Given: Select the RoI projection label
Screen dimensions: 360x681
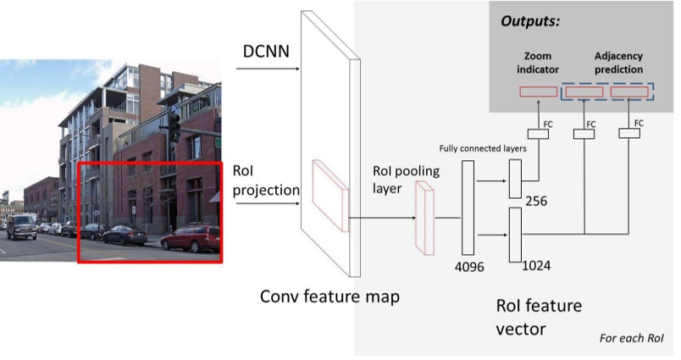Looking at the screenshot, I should tap(266, 180).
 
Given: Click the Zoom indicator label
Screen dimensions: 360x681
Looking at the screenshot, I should tap(537, 63).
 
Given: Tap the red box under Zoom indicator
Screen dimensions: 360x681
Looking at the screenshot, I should tap(537, 91).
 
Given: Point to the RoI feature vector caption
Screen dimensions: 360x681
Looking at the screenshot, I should tap(539, 316).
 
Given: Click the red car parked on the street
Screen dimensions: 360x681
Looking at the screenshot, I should tap(191, 240).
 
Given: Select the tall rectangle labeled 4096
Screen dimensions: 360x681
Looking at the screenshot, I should tap(467, 208).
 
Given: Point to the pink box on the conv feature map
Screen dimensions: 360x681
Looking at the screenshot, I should tap(329, 195).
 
